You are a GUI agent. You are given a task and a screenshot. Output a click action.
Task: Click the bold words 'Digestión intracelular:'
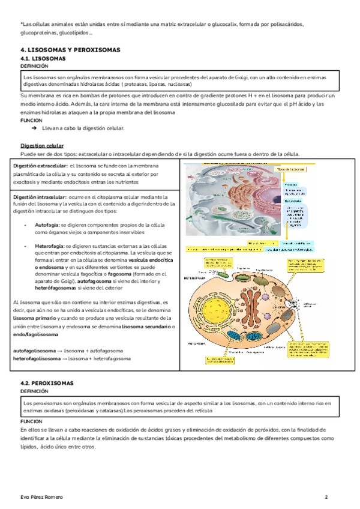click(x=40, y=196)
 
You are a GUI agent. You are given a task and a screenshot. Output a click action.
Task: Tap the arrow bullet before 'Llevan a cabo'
click(x=34, y=128)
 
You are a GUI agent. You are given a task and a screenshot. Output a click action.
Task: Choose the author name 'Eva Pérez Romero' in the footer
click(x=41, y=498)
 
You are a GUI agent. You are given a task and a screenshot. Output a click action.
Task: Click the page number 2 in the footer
click(x=326, y=498)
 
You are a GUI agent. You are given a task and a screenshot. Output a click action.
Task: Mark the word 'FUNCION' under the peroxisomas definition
click(x=31, y=422)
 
